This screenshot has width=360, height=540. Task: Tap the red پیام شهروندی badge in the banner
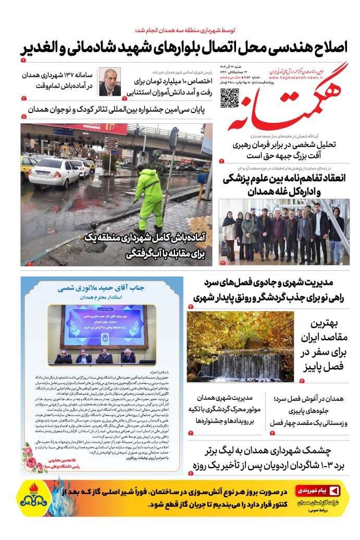(318, 491)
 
